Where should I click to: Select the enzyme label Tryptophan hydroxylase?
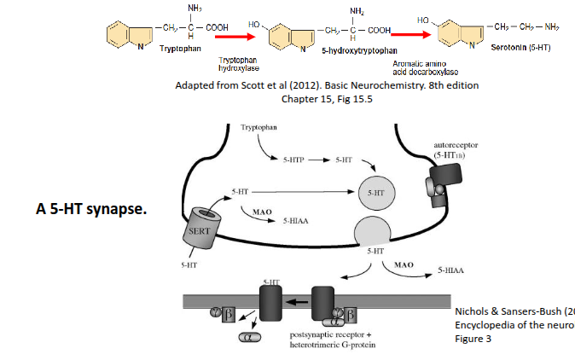[x=239, y=62]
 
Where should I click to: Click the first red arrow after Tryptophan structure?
[x=239, y=37]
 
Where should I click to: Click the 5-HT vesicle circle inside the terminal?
[x=375, y=194]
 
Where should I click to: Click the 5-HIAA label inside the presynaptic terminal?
[x=295, y=219]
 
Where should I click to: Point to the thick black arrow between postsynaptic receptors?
[x=298, y=301]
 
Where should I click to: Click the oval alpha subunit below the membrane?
[x=249, y=338]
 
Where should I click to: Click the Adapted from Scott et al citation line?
[x=327, y=86]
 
